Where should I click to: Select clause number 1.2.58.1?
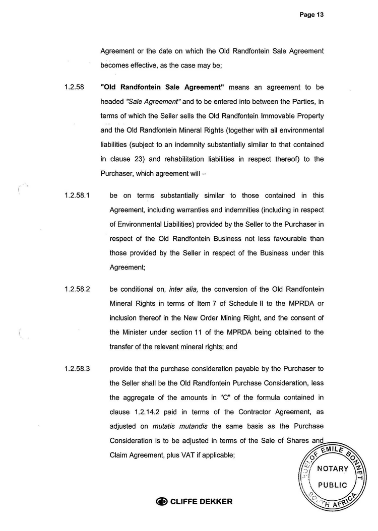click(x=77, y=195)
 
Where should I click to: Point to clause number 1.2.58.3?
click(x=77, y=368)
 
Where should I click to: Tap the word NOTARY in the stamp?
click(x=333, y=469)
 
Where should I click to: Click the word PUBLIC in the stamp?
click(x=333, y=485)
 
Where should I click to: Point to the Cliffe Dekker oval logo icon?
click(x=162, y=502)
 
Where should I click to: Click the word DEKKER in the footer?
click(x=213, y=502)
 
